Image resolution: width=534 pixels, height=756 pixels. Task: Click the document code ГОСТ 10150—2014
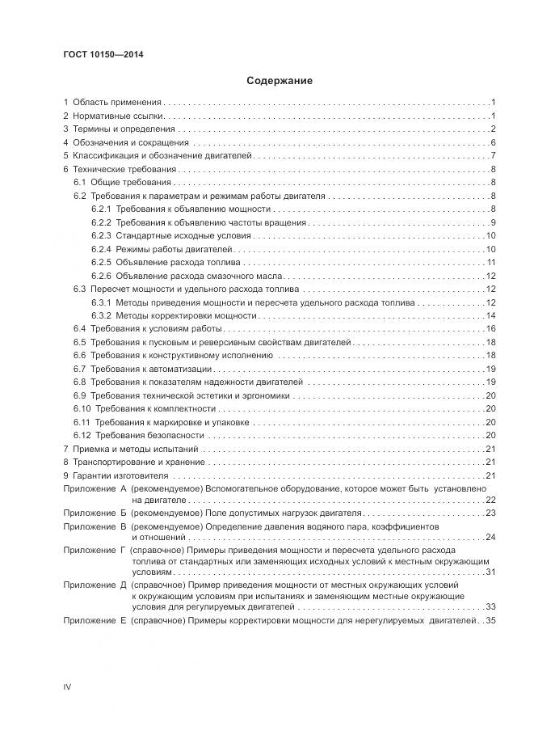click(98, 55)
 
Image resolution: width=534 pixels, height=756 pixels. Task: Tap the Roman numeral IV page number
click(68, 686)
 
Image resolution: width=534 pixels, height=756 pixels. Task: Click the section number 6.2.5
click(100, 262)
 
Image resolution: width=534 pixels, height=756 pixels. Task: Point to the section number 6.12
click(82, 435)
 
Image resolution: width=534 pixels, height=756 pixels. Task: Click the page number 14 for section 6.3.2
click(490, 315)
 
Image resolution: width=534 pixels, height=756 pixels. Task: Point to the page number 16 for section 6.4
click(490, 328)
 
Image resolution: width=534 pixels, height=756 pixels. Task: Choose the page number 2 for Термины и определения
click(493, 129)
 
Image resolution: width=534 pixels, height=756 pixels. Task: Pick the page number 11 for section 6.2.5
click(490, 262)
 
